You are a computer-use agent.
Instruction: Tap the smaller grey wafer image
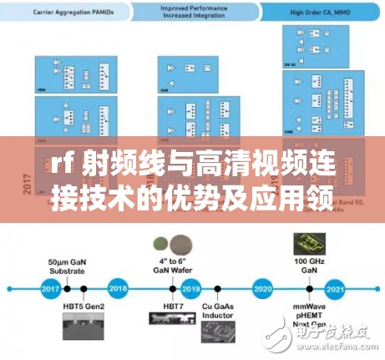coord(160,244)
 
